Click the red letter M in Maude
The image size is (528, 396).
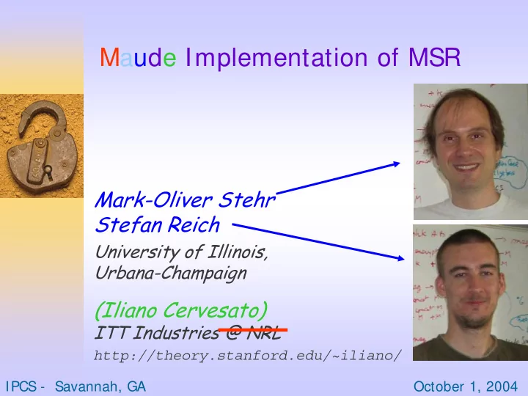click(x=109, y=57)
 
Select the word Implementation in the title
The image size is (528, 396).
click(x=276, y=58)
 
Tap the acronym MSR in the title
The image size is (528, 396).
click(x=434, y=57)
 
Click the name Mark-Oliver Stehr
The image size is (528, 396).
click(x=185, y=200)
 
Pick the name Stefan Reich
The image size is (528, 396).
click(x=158, y=224)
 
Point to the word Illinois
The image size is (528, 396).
click(x=238, y=252)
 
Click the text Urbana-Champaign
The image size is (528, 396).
click(x=171, y=274)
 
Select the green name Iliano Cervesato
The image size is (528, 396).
click(x=182, y=310)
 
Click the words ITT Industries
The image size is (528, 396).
click(x=157, y=333)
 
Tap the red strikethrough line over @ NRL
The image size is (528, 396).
click(x=253, y=330)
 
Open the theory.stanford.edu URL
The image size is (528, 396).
click(x=248, y=356)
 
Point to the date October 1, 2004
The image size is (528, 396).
click(x=466, y=386)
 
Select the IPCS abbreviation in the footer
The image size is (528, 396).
click(x=21, y=386)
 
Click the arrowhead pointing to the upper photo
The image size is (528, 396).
click(x=397, y=164)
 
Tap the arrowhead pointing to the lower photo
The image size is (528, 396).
click(x=400, y=258)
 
